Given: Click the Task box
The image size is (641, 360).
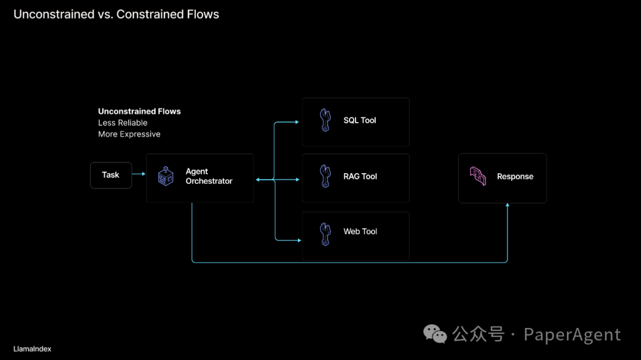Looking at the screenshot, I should tap(111, 175).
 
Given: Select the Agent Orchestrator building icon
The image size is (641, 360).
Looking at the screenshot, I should tap(166, 176).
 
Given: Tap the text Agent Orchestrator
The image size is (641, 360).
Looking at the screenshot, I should tap(208, 177).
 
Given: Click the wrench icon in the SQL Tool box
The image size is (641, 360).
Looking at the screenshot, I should tap(325, 120).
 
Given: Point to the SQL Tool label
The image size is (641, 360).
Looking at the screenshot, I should tap(360, 120).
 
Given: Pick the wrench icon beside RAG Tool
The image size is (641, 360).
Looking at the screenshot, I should tap(325, 176).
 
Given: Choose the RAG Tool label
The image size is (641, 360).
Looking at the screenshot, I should tap(360, 176).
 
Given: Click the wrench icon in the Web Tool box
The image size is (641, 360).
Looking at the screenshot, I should tap(325, 234).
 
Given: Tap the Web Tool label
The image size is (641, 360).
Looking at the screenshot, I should tap(360, 232).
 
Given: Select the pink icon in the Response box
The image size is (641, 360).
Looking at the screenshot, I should tap(478, 177).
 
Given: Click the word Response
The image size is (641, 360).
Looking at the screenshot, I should tap(515, 177).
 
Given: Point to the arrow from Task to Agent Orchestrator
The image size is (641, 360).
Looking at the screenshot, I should tap(139, 174).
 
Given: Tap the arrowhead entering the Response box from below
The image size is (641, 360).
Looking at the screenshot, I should tap(507, 205).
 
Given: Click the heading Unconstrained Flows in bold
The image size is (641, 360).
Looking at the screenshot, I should tap(139, 111).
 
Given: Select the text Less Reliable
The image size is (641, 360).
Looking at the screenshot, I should tap(123, 123).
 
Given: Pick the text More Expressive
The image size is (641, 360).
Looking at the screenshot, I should tap(129, 134).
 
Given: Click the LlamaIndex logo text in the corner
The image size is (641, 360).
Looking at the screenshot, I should tap(32, 349).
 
